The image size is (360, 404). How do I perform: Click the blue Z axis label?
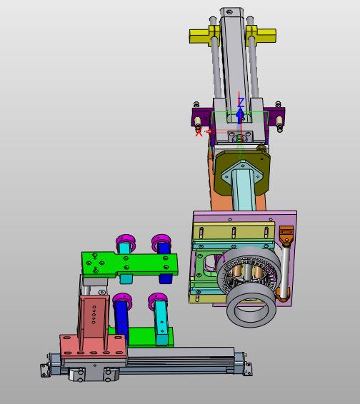(241, 103)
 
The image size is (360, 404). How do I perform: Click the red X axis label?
(199, 133)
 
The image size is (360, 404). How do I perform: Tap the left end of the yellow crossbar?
(190, 36)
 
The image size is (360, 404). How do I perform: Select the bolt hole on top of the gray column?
(229, 11)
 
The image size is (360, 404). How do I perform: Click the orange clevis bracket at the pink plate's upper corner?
(286, 234)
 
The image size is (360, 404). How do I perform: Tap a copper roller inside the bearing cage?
(236, 272)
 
